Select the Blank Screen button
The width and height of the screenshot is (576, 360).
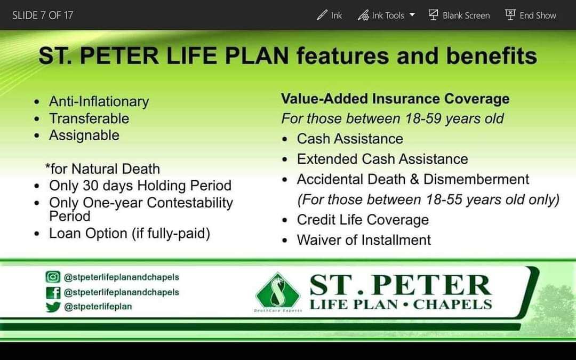click(459, 15)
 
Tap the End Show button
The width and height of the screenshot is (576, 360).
click(531, 15)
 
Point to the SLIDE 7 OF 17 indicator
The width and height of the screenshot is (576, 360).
click(43, 15)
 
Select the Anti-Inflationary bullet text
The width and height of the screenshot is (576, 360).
click(99, 101)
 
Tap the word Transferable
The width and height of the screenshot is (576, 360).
click(89, 118)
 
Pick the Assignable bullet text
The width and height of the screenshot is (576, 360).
click(84, 135)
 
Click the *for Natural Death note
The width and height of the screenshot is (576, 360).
click(102, 169)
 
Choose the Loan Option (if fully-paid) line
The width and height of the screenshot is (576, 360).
click(130, 234)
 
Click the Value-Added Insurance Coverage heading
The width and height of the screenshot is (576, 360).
click(395, 99)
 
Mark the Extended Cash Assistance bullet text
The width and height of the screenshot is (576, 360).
click(382, 159)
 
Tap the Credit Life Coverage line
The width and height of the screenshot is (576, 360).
click(363, 220)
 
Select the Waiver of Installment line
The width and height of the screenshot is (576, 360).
click(364, 240)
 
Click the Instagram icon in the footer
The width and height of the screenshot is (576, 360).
click(52, 277)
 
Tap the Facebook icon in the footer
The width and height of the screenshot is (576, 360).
click(52, 292)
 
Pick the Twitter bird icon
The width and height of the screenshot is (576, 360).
click(52, 307)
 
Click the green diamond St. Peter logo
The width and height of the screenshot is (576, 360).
click(277, 292)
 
